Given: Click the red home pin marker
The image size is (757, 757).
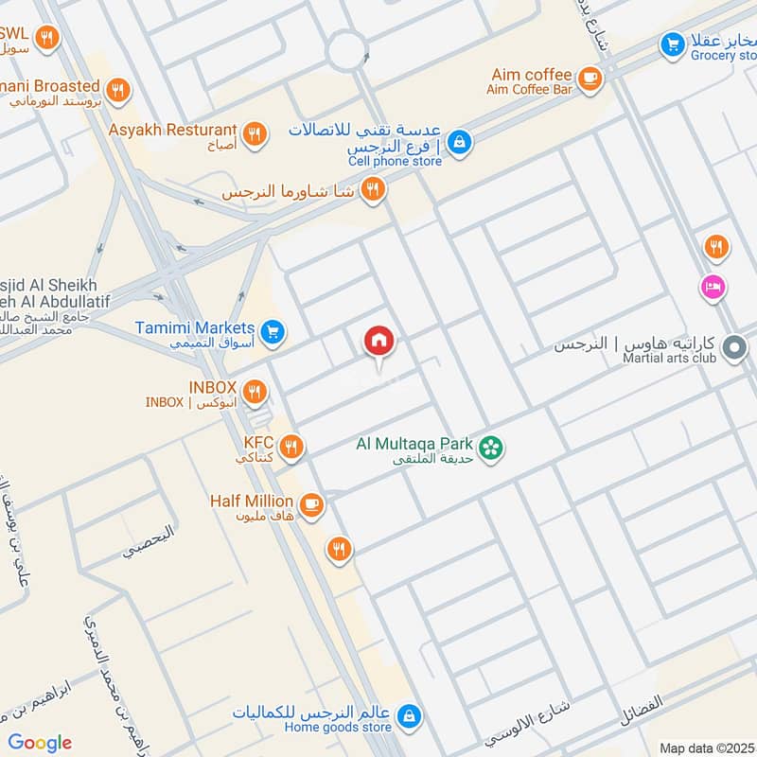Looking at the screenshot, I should tap(379, 341).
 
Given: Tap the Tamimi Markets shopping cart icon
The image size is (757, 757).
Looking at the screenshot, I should tap(273, 332).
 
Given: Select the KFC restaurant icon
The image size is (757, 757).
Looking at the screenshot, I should tap(291, 447).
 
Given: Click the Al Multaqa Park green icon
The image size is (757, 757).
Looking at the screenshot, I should tap(489, 447).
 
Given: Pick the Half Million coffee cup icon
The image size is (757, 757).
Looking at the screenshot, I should tap(310, 505).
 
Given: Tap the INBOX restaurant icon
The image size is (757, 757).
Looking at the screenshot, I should tap(254, 391).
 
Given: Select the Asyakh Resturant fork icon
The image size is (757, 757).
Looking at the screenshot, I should tap(254, 134).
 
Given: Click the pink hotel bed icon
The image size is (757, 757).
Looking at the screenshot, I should tap(712, 285).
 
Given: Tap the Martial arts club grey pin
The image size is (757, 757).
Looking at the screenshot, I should tap(733, 349).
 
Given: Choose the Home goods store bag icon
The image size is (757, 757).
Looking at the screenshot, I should tap(409, 716).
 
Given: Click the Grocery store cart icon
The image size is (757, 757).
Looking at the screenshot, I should tap(673, 44).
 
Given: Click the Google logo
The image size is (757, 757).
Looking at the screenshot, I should tap(40, 743).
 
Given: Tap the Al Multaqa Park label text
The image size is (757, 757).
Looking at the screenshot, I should tap(414, 443).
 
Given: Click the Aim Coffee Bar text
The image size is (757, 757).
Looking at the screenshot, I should tap(530, 90).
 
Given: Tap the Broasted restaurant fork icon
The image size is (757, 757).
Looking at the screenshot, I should tap(118, 91).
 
